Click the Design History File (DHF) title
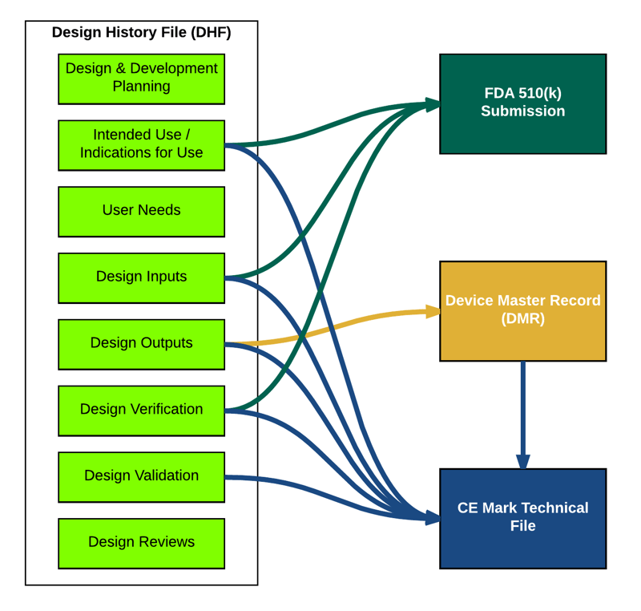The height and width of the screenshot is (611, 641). (141, 33)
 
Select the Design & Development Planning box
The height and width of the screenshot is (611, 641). (141, 79)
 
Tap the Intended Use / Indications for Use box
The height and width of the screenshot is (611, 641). (141, 145)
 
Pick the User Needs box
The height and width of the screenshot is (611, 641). (141, 211)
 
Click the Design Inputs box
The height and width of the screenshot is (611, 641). (141, 277)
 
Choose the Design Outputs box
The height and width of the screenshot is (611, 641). (141, 344)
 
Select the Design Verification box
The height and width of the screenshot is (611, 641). (141, 411)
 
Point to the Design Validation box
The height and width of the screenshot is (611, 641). (141, 477)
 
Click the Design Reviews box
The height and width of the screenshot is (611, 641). (141, 543)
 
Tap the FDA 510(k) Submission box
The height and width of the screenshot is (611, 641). (522, 103)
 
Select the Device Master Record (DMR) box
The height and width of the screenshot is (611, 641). (522, 310)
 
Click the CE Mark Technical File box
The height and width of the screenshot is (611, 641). (522, 518)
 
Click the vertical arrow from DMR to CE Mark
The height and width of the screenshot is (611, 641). (522, 413)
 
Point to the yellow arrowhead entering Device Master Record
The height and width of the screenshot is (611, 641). (433, 312)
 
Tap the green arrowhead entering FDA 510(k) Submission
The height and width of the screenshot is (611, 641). (433, 103)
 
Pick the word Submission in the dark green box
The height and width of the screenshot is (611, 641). (522, 111)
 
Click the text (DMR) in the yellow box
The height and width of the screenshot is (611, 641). (522, 319)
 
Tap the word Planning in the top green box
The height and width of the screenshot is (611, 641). (141, 87)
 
